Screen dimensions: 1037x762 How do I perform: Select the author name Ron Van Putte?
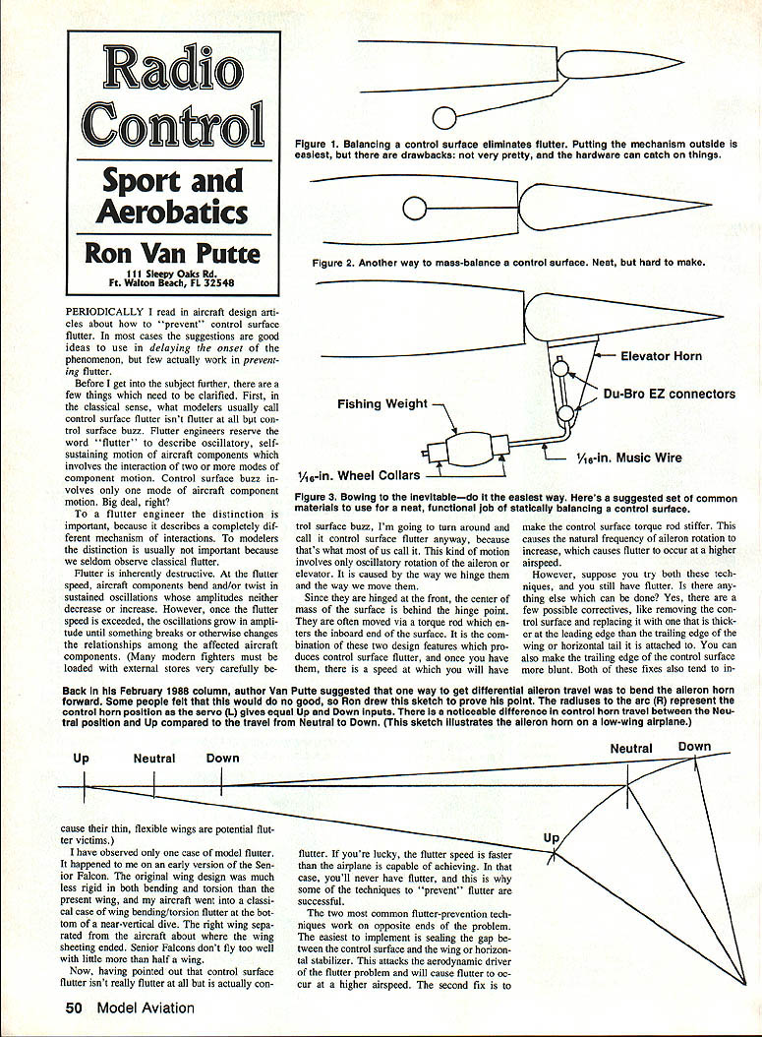(x=173, y=253)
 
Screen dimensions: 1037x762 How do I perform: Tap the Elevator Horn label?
(x=661, y=356)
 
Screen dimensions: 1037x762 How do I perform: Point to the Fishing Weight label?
(x=382, y=403)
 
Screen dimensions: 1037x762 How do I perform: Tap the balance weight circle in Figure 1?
(x=444, y=119)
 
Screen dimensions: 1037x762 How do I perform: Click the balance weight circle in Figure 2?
(x=414, y=209)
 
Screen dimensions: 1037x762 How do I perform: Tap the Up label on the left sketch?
(x=82, y=759)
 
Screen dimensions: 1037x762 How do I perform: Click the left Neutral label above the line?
(x=154, y=759)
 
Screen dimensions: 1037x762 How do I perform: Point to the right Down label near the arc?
(x=694, y=747)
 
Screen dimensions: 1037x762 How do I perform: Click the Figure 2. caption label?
(x=332, y=264)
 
